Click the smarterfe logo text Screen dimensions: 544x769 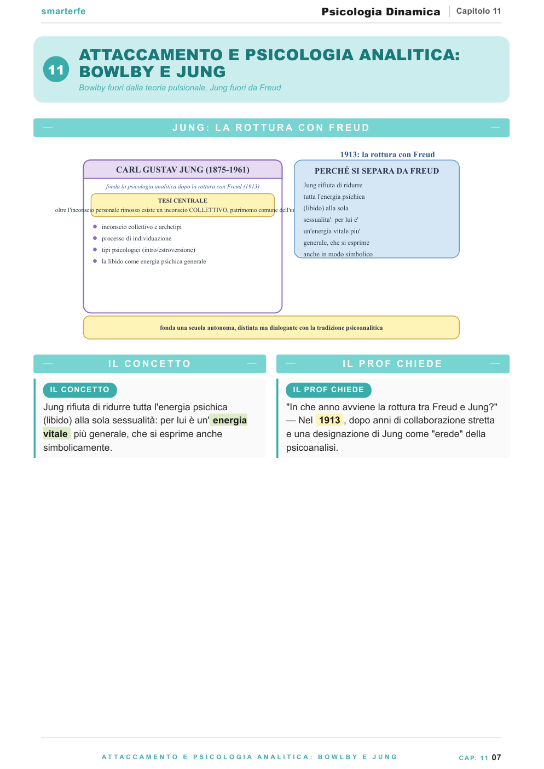(63, 12)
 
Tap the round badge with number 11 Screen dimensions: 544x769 (56, 70)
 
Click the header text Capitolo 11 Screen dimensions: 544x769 (478, 11)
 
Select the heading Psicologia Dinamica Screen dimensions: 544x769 (381, 12)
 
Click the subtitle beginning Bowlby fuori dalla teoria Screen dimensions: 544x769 (180, 88)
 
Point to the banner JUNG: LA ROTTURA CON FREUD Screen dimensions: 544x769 (271, 128)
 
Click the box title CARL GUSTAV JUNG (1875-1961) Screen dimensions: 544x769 (182, 170)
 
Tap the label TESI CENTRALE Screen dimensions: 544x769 (182, 200)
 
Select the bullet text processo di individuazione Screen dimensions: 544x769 (136, 238)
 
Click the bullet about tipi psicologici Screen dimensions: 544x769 (148, 250)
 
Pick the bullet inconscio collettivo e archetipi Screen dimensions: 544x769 (142, 227)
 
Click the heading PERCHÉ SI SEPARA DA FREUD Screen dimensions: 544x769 (377, 171)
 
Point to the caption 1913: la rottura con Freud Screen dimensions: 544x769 (387, 154)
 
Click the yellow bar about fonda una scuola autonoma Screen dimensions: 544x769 (271, 328)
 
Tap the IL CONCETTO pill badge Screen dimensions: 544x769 (80, 390)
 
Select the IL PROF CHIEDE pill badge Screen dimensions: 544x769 (328, 390)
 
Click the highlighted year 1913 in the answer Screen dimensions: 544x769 (329, 420)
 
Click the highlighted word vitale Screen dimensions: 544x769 (56, 434)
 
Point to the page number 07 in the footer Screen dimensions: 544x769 (496, 757)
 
